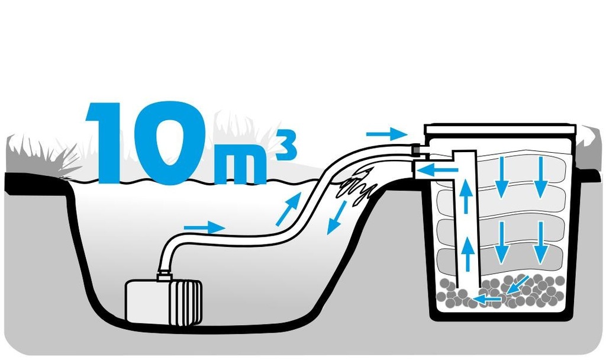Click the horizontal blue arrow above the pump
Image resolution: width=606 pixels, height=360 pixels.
(x=204, y=227)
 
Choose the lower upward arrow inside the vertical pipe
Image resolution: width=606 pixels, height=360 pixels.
(x=467, y=253)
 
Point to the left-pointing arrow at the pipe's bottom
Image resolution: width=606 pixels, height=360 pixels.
(x=488, y=299)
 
